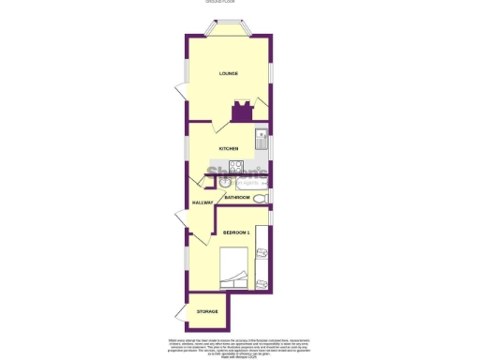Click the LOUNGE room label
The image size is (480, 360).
tap(229, 73)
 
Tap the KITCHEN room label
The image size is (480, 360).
tap(229, 149)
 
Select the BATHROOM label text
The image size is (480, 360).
tap(237, 197)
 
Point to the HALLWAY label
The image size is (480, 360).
tap(202, 202)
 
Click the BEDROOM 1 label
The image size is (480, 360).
tap(236, 232)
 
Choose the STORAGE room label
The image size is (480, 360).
tap(207, 310)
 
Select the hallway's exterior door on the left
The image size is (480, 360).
tap(180, 222)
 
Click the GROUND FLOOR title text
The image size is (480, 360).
tap(223, 2)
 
